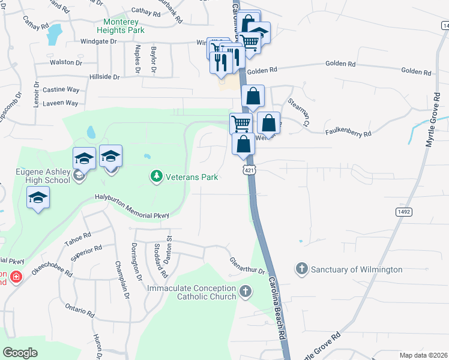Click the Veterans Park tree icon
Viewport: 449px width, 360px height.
(x=156, y=176)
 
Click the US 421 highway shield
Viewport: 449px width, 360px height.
(x=248, y=170)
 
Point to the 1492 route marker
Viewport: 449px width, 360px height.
(x=404, y=211)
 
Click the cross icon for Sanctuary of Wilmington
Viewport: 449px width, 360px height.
(x=301, y=269)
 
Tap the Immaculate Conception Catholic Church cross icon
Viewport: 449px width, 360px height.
(x=244, y=292)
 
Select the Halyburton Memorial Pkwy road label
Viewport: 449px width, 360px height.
(x=132, y=206)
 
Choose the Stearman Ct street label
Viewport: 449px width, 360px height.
(x=298, y=112)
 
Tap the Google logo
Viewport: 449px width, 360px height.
(x=20, y=352)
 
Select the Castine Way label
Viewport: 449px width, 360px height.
(x=61, y=90)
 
